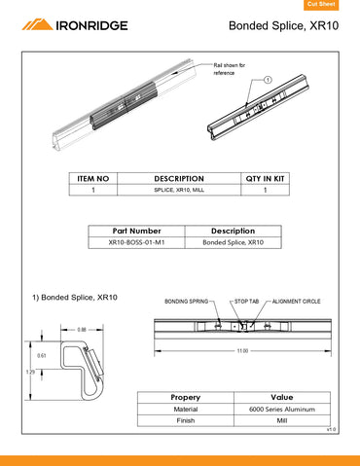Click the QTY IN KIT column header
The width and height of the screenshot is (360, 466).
(265, 179)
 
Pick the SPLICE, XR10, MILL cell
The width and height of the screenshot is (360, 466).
(179, 192)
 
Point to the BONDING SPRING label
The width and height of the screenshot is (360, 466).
(187, 303)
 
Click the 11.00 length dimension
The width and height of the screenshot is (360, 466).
(242, 350)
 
